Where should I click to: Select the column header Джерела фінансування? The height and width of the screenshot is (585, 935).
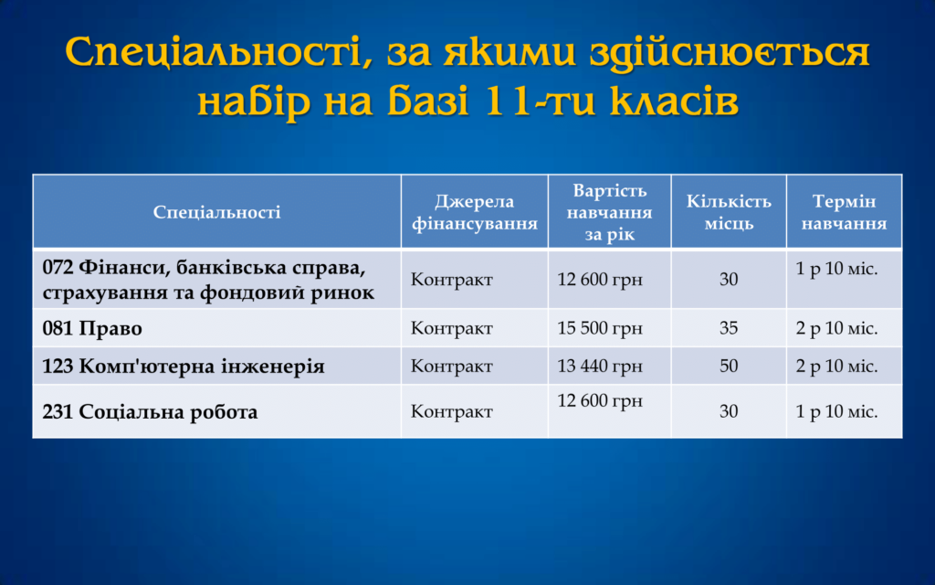click(x=475, y=212)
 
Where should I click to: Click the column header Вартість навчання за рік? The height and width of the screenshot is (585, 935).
click(x=609, y=212)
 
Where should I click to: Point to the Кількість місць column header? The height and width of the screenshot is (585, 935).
click(x=729, y=212)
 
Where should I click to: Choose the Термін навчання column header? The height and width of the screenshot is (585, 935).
click(x=844, y=212)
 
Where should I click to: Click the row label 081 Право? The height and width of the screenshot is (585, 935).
click(x=92, y=328)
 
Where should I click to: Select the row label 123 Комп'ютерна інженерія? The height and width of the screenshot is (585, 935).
click(x=184, y=366)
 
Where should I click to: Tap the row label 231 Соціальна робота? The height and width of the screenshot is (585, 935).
click(x=151, y=412)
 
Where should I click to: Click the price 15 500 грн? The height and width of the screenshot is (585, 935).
click(x=600, y=328)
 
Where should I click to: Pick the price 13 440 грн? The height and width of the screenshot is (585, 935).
click(x=600, y=366)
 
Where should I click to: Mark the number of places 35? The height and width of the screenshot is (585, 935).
click(x=729, y=328)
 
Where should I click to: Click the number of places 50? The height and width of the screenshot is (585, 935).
click(x=729, y=366)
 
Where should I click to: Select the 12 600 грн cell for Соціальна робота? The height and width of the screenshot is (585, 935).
click(x=600, y=401)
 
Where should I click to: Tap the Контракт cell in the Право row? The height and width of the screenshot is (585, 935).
click(x=451, y=328)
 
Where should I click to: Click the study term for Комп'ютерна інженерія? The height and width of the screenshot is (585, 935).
click(x=836, y=366)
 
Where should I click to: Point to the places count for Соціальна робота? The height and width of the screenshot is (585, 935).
click(x=729, y=411)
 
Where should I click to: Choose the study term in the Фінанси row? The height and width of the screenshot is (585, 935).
click(x=836, y=270)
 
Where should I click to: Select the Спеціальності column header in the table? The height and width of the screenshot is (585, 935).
click(x=217, y=212)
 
